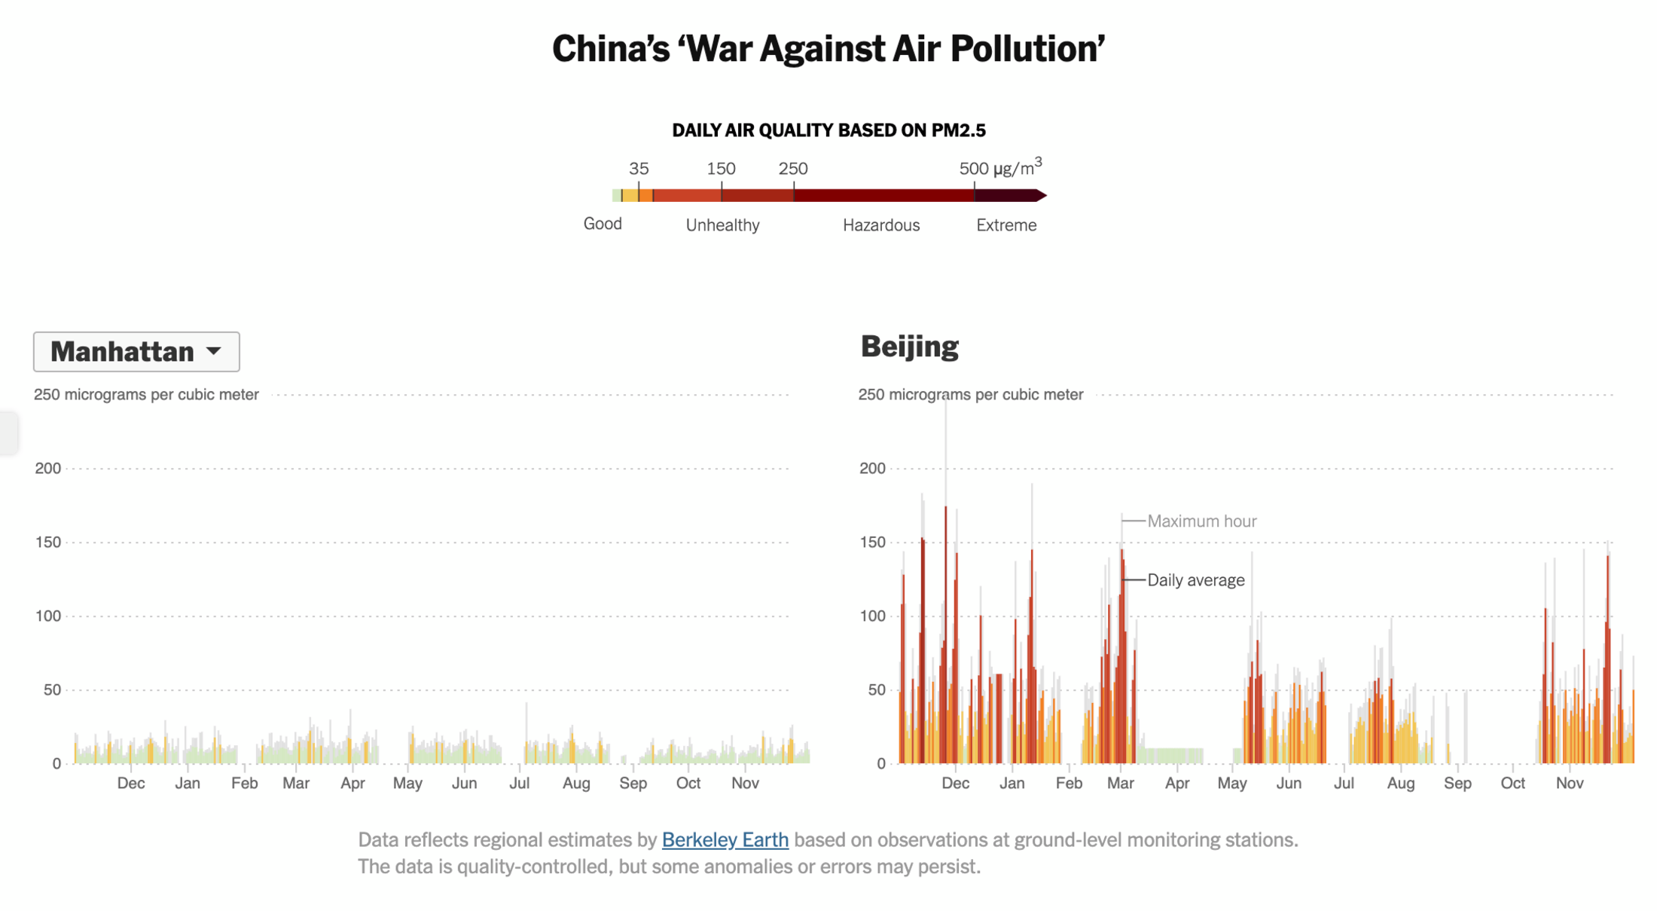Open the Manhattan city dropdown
[136, 352]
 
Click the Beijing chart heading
[909, 347]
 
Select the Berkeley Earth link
[725, 839]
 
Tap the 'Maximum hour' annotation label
[1201, 521]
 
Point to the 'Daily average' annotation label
[1195, 580]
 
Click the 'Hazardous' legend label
[880, 225]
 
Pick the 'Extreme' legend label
[1006, 225]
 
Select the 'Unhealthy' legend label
[722, 225]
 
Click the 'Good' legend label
[603, 224]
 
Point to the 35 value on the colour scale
[639, 169]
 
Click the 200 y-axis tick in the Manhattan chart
[48, 469]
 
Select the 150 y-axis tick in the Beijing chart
[872, 543]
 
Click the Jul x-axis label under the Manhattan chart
[519, 784]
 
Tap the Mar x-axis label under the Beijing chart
[1120, 784]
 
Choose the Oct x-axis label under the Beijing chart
[1512, 784]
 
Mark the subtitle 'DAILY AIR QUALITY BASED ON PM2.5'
[828, 131]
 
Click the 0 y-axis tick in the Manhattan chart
[56, 764]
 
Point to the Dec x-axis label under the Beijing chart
[955, 784]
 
